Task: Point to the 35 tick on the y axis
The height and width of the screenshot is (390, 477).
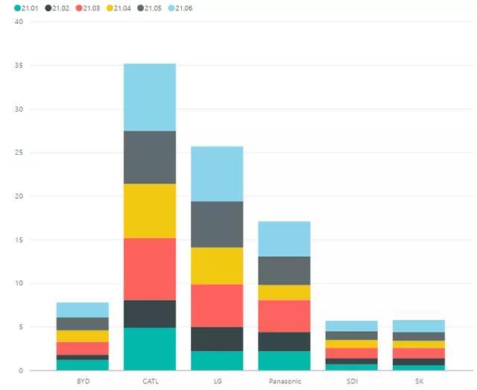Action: point(19,65)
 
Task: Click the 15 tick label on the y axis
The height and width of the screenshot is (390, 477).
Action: point(19,240)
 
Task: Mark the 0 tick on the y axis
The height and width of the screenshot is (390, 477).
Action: point(21,371)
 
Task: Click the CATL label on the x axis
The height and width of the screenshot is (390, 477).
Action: point(150,380)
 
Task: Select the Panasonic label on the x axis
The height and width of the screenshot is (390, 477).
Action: point(284,380)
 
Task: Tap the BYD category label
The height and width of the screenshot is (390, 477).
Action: point(82,380)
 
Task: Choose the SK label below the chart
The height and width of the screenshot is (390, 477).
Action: point(418,380)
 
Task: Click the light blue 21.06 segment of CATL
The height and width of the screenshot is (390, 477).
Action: point(150,97)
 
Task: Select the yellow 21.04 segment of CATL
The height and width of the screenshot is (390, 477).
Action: point(150,211)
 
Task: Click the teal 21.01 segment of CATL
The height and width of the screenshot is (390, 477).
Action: point(150,348)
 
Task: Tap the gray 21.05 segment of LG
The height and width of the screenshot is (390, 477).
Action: point(217,224)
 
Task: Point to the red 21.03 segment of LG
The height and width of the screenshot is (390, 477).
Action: point(217,305)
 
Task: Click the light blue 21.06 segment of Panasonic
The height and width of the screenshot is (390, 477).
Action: point(284,239)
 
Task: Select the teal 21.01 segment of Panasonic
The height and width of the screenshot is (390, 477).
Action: point(284,360)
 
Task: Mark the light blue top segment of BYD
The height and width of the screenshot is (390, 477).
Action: point(82,310)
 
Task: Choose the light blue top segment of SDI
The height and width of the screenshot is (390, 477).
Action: point(351,326)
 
